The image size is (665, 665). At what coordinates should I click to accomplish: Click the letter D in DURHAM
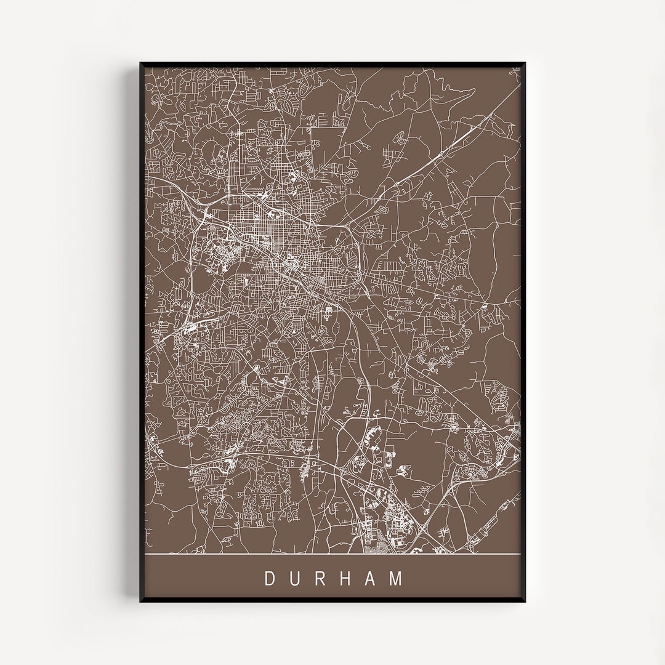point(270,579)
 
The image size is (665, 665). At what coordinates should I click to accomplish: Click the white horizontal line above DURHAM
point(332,554)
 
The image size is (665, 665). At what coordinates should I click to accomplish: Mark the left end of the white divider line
point(147,554)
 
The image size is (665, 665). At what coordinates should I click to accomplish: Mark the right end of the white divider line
point(519,554)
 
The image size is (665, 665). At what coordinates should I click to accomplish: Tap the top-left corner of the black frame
point(141,63)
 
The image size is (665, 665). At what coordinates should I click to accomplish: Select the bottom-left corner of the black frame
point(141,601)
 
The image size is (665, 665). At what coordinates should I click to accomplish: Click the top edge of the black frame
point(332,64)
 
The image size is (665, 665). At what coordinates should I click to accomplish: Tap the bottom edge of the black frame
point(332,600)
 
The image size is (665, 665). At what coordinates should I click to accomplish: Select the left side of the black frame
point(142,332)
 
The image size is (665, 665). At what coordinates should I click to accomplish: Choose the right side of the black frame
point(523,332)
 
